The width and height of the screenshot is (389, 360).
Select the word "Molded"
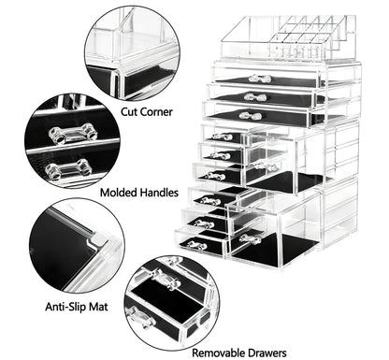pyautogui.click(x=120, y=193)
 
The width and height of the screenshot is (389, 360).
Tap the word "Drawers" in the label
pyautogui.click(x=270, y=353)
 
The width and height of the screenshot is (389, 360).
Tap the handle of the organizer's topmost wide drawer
pyautogui.click(x=259, y=79)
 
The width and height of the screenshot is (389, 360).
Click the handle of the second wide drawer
pyautogui.click(x=254, y=96)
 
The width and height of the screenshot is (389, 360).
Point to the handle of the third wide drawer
pyautogui.click(x=250, y=115)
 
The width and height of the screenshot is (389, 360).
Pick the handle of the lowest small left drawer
pyautogui.click(x=195, y=245)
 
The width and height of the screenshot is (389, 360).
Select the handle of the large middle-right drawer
pyautogui.click(x=261, y=166)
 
